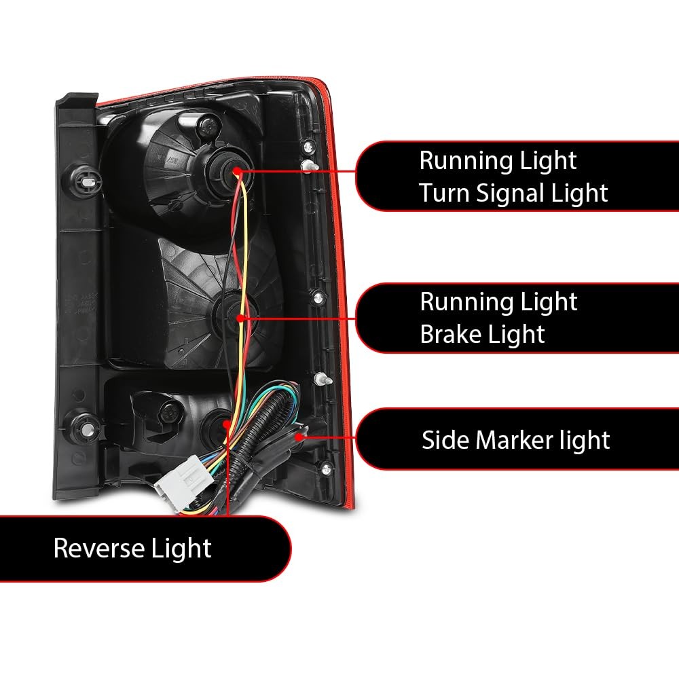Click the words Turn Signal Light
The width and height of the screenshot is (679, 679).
[x=513, y=193]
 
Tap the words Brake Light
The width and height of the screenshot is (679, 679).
[x=482, y=334]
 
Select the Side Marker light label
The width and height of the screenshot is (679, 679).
[x=516, y=440]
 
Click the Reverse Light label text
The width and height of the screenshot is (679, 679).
[x=132, y=548]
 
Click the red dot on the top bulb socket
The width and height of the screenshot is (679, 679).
[x=237, y=172]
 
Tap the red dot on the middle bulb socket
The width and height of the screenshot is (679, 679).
[x=240, y=318]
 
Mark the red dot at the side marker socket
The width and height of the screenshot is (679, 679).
[x=299, y=437]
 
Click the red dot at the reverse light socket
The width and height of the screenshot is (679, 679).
[x=226, y=424]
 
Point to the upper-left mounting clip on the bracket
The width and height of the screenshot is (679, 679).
[x=86, y=181]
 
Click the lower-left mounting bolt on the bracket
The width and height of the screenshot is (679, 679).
[x=86, y=427]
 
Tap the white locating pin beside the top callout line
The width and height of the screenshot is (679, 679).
[x=309, y=166]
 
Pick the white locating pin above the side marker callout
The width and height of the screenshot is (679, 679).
[x=323, y=380]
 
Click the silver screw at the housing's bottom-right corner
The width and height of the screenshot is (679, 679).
[x=326, y=468]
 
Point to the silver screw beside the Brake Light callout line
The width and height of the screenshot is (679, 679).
[x=318, y=297]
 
